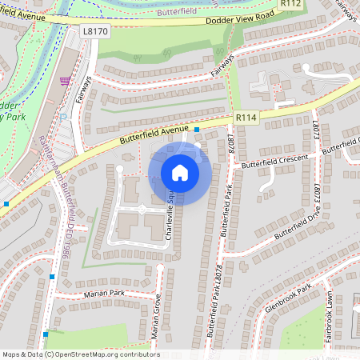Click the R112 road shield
tap(290, 5)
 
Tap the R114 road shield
tap(246, 118)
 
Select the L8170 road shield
tap(94, 31)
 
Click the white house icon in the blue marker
tap(180, 173)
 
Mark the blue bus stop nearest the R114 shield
tap(197, 130)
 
